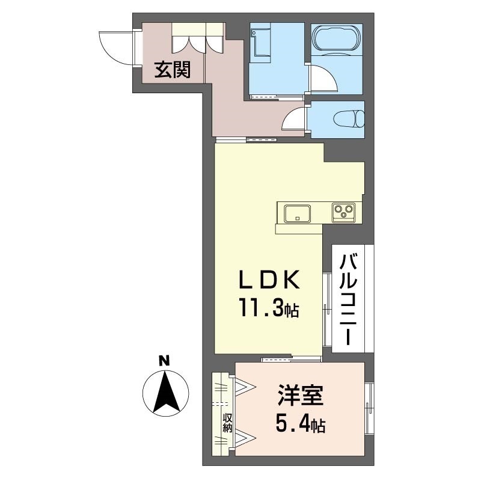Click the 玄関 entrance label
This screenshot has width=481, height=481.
click(x=173, y=71)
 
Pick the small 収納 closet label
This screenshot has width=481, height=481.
click(x=227, y=423)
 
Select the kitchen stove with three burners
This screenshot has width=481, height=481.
click(x=345, y=211)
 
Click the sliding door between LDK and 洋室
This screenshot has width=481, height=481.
click(x=291, y=360)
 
